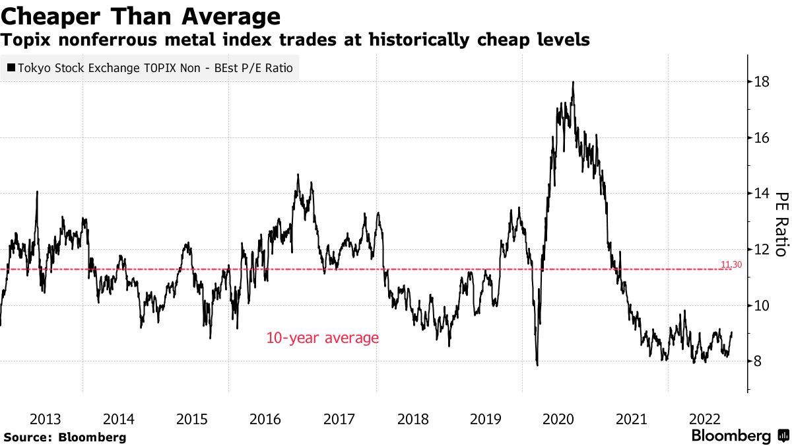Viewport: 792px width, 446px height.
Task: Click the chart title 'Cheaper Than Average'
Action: point(141,15)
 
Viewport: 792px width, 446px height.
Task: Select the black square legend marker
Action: point(11,67)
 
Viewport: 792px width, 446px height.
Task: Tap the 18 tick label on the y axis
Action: point(762,82)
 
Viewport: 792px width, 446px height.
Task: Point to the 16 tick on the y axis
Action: point(762,137)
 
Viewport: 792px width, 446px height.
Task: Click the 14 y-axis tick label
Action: point(762,194)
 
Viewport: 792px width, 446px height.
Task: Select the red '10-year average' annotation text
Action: point(322,338)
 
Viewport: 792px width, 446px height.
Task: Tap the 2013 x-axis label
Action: point(46,419)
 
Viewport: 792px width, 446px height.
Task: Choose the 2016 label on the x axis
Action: point(265,419)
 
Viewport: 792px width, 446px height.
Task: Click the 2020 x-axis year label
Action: point(558,419)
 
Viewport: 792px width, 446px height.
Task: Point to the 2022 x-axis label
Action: point(704,419)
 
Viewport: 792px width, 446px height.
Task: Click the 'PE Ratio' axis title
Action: point(781,224)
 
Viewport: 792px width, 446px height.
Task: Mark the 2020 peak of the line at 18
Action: point(573,82)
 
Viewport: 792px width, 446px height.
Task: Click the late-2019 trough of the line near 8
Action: point(537,364)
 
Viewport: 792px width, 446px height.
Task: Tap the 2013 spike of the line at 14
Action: point(37,192)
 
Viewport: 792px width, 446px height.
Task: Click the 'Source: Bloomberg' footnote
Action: point(65,437)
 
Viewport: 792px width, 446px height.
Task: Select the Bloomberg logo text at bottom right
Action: point(731,436)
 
